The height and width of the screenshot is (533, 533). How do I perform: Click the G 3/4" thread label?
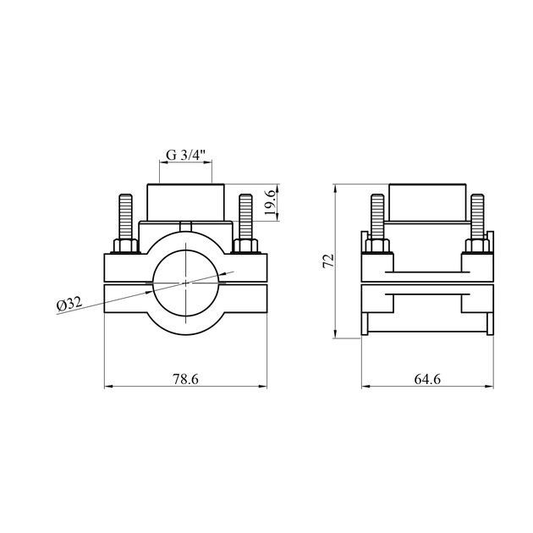coord(185,155)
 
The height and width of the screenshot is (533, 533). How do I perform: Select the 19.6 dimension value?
coord(270,202)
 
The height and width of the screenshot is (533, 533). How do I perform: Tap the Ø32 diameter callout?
coord(69,304)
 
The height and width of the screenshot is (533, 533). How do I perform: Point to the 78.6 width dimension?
coord(185,379)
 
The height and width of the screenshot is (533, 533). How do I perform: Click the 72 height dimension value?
coord(329,261)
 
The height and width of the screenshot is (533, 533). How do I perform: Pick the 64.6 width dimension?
coord(427,379)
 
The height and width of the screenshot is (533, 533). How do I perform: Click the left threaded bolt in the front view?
coord(125,217)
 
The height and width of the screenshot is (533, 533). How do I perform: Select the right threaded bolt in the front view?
coord(245,217)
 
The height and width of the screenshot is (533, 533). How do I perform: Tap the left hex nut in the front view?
coord(125,245)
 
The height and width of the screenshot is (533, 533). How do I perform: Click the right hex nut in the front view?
coord(245,245)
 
